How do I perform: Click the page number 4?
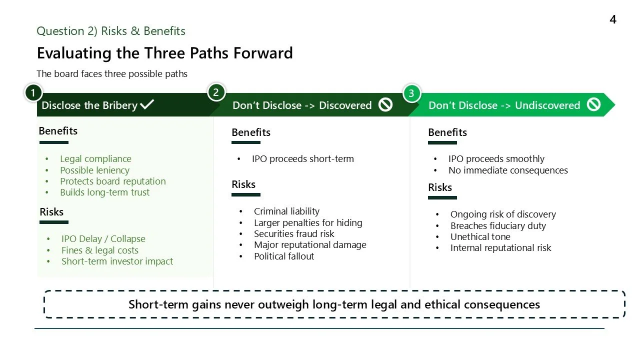pyautogui.click(x=613, y=19)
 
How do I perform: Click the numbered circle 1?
pyautogui.click(x=33, y=93)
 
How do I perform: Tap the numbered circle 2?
pyautogui.click(x=216, y=92)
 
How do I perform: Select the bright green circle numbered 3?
pyautogui.click(x=411, y=93)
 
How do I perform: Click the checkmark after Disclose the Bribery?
pyautogui.click(x=147, y=104)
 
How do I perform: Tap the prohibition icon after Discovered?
pyautogui.click(x=385, y=104)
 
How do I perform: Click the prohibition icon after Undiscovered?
pyautogui.click(x=593, y=104)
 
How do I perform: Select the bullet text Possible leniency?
pyautogui.click(x=94, y=170)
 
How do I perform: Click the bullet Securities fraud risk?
pyautogui.click(x=294, y=233)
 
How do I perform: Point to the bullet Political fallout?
pyautogui.click(x=284, y=256)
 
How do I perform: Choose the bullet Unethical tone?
pyautogui.click(x=480, y=236)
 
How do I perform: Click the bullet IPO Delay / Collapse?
pyautogui.click(x=103, y=238)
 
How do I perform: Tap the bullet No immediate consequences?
pyautogui.click(x=508, y=170)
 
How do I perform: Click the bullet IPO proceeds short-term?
pyautogui.click(x=302, y=158)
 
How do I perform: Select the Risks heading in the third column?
pyautogui.click(x=440, y=187)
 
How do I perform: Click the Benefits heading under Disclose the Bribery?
pyautogui.click(x=58, y=131)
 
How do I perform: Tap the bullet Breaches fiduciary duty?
pyautogui.click(x=498, y=225)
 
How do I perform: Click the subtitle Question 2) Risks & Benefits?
pyautogui.click(x=111, y=31)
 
